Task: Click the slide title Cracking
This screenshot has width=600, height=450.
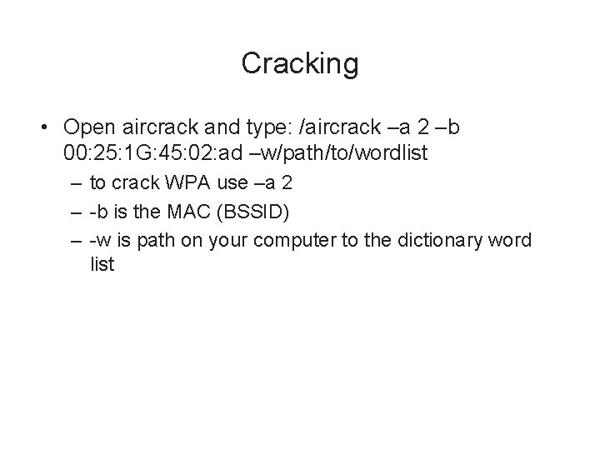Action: (300, 63)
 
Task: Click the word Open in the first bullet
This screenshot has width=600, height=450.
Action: (87, 127)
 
